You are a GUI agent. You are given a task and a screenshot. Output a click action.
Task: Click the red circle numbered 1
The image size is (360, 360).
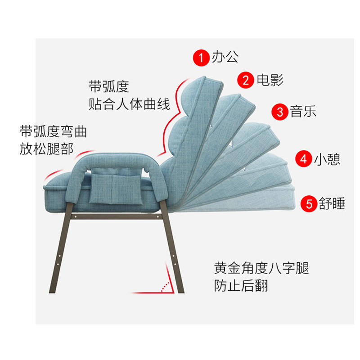click(x=201, y=57)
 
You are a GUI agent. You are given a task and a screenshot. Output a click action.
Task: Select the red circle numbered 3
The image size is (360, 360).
click(x=280, y=111)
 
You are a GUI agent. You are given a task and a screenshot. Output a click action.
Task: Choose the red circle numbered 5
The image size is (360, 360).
click(x=309, y=203)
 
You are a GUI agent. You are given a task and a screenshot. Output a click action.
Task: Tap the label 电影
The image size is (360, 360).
click(x=270, y=80)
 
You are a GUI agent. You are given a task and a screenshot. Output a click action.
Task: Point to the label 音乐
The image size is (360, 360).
click(x=303, y=111)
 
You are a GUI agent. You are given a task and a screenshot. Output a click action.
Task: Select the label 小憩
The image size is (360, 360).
click(x=327, y=159)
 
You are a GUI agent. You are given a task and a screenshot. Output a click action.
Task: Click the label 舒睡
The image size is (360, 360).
click(x=332, y=203)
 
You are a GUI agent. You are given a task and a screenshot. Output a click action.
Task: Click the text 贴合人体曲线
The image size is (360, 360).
click(x=130, y=105)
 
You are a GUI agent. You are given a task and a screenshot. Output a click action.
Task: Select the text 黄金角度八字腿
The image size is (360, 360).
click(x=261, y=269)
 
